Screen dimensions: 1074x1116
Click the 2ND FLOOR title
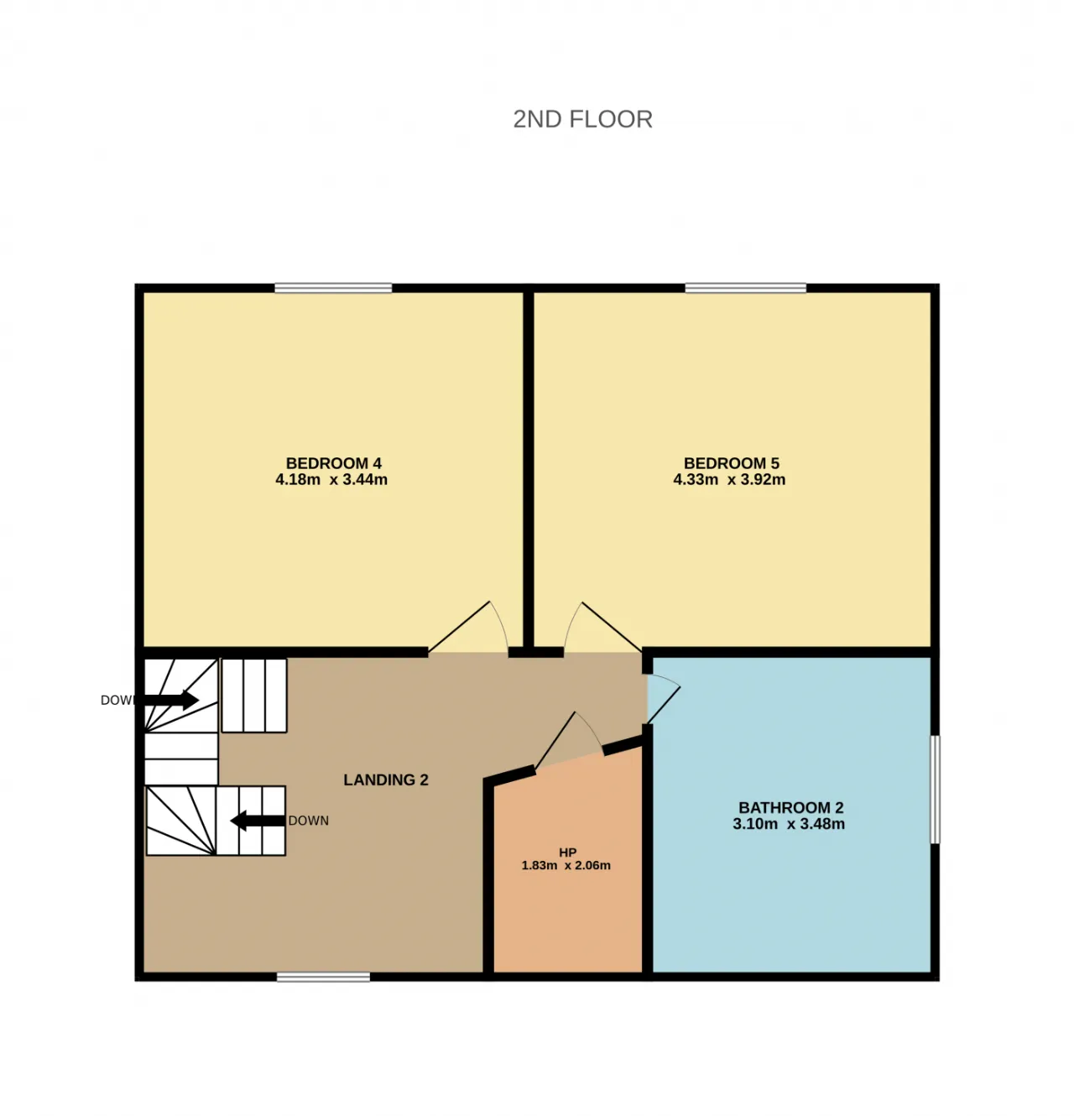[x=582, y=119]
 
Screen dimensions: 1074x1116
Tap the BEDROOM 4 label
[x=334, y=463]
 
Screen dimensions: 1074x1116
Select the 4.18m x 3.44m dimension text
[x=331, y=479]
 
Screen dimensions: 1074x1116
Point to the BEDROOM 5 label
[x=731, y=463]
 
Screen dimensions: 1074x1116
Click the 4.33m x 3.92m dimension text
[x=729, y=479]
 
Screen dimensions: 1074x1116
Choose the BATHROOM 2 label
[x=790, y=807]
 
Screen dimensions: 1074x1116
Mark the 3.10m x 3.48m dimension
[x=789, y=824]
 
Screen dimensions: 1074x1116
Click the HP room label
[x=567, y=853]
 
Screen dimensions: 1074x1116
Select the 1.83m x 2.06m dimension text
[x=566, y=865]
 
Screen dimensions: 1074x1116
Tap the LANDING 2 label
[x=386, y=780]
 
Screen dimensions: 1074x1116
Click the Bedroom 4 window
[x=333, y=288]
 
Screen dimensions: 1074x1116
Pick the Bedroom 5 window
[x=745, y=288]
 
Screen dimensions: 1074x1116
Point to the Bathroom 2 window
[x=935, y=790]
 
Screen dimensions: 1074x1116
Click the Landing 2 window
[x=323, y=977]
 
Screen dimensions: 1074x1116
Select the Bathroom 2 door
[x=664, y=699]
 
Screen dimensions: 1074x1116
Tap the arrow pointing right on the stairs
[x=170, y=700]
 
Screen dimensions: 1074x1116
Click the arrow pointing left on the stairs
[x=258, y=821]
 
